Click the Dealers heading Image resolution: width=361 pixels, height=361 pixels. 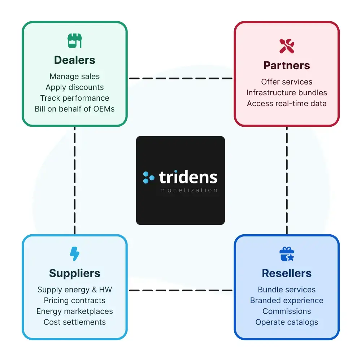pyautogui.click(x=75, y=60)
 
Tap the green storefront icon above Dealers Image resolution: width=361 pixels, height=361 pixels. pyautogui.click(x=75, y=41)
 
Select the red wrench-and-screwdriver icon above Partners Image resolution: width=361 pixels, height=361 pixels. pyautogui.click(x=287, y=46)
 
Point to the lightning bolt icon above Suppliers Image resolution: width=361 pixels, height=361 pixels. pyautogui.click(x=75, y=254)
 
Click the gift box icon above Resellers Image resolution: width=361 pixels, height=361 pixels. pyautogui.click(x=287, y=254)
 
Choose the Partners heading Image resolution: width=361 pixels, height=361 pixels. pyautogui.click(x=287, y=66)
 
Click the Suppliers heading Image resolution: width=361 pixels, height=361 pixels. pyautogui.click(x=75, y=273)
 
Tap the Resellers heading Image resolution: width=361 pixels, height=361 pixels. pyautogui.click(x=287, y=273)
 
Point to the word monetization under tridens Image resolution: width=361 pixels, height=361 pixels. pyautogui.click(x=188, y=190)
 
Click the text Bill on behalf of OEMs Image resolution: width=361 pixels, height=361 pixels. pyautogui.click(x=75, y=109)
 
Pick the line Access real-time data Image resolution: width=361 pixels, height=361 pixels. pyautogui.click(x=287, y=103)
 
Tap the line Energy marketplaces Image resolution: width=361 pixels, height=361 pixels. pyautogui.click(x=75, y=311)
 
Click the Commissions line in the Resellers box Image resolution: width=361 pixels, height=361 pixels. pyautogui.click(x=287, y=311)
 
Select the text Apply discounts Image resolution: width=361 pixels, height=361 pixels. pyautogui.click(x=75, y=87)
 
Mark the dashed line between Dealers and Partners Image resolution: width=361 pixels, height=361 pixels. pyautogui.click(x=180, y=78)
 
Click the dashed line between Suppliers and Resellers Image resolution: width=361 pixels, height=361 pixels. pyautogui.click(x=180, y=290)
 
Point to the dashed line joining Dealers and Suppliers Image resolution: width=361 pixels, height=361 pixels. pyautogui.click(x=75, y=180)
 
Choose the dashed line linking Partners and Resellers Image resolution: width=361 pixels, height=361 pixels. pyautogui.click(x=287, y=180)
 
